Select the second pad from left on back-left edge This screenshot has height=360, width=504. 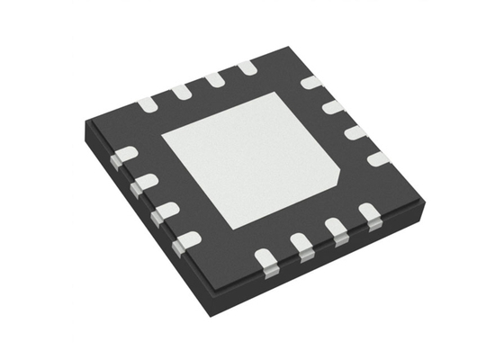181,91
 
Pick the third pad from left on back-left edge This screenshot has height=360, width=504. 214,79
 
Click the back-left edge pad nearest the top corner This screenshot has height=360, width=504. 247,67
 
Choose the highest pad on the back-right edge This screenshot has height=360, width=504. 310,83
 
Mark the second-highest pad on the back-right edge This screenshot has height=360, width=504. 333,107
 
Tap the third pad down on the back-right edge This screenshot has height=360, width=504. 355,132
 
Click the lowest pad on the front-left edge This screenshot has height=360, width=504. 186,241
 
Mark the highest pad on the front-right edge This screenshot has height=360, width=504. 369,213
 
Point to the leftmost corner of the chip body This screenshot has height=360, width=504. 85,126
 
